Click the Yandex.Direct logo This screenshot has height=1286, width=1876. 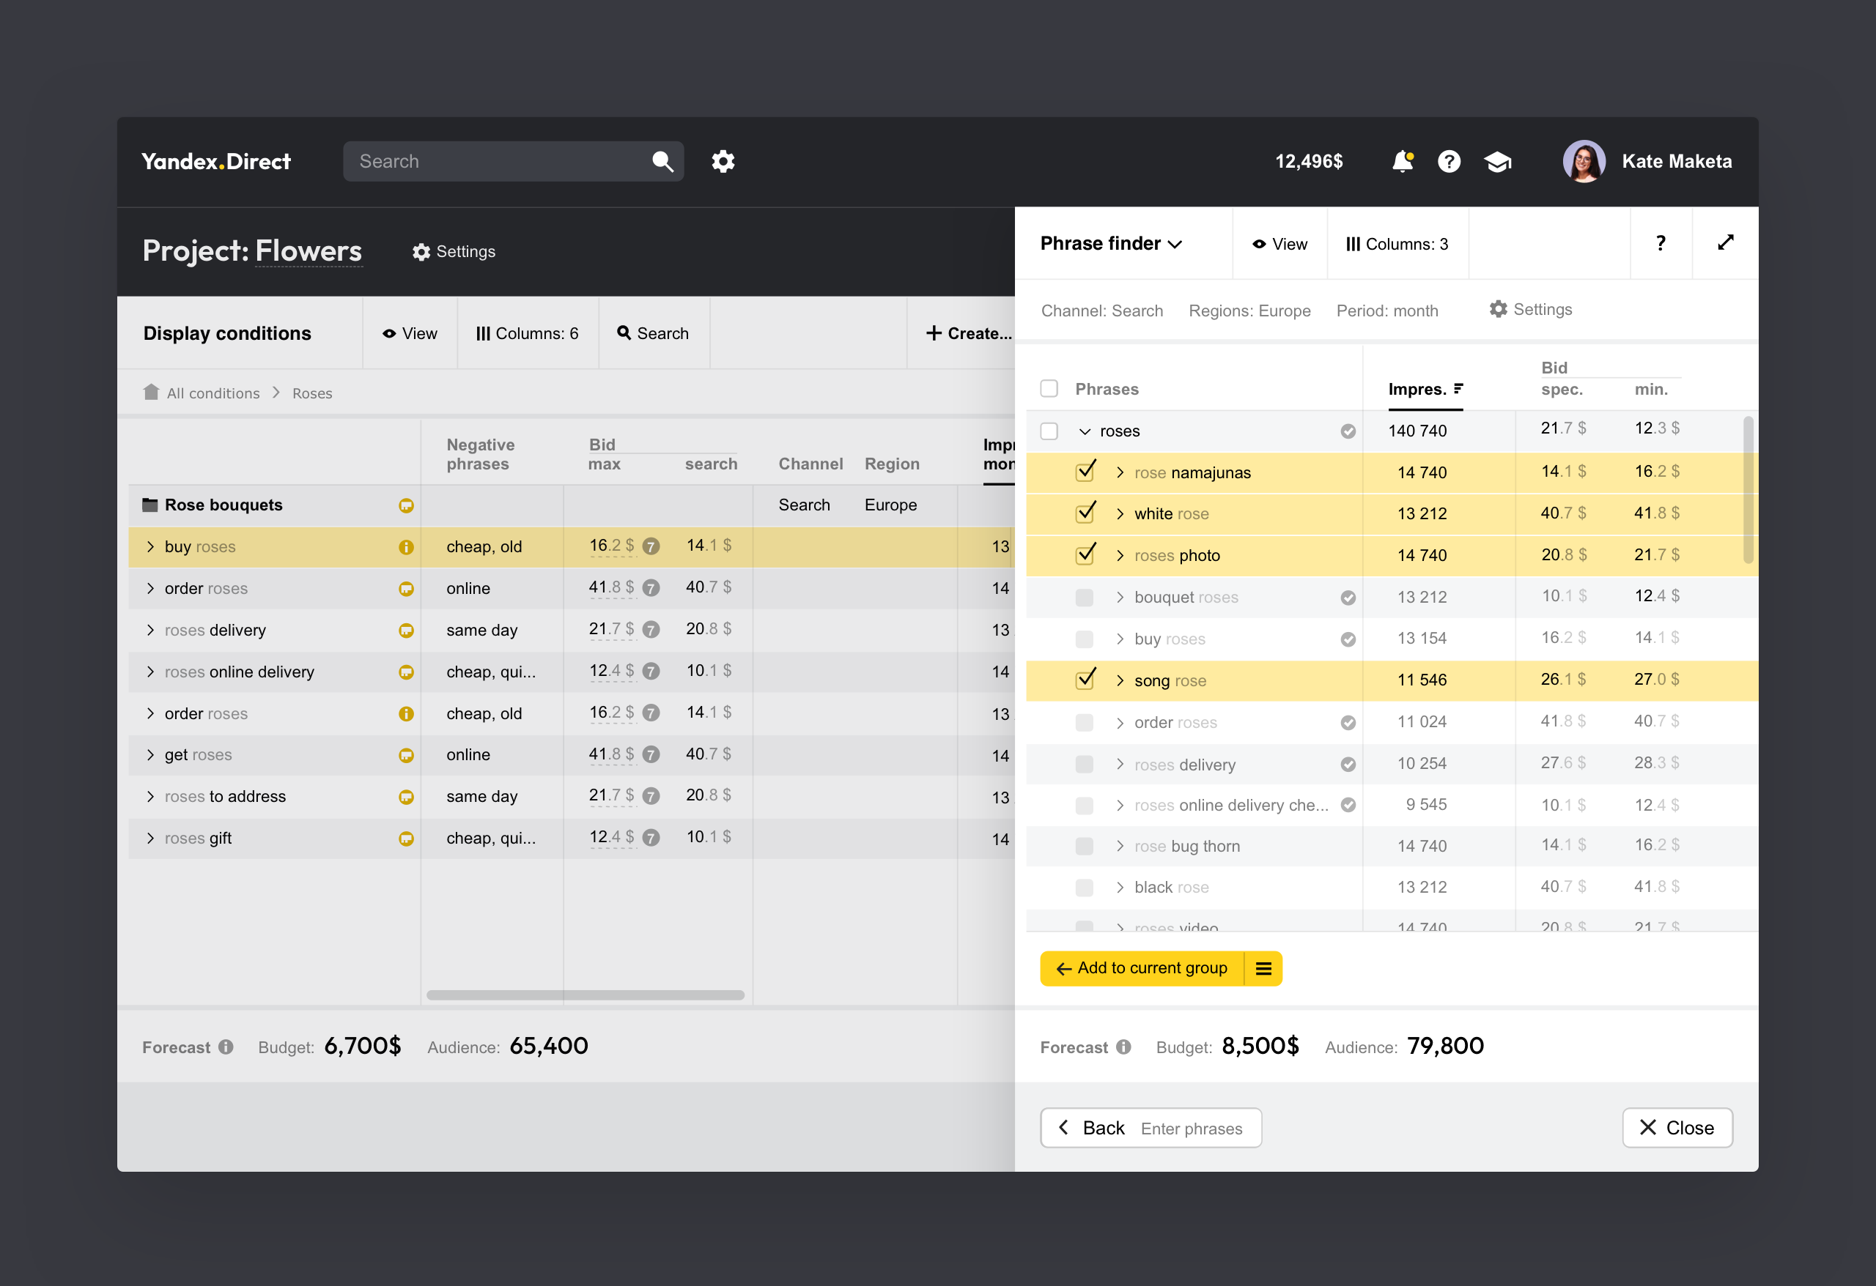pyautogui.click(x=215, y=161)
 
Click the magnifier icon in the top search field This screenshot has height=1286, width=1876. pyautogui.click(x=662, y=161)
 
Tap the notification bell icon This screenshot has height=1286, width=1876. pyautogui.click(x=1402, y=161)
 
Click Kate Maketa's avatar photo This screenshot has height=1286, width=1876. pyautogui.click(x=1583, y=161)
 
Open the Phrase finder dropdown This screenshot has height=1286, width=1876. pyautogui.click(x=1111, y=244)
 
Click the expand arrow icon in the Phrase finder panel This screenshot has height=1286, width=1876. pyautogui.click(x=1725, y=243)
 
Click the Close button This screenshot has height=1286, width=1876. pyautogui.click(x=1677, y=1127)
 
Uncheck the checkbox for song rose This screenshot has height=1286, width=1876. pyautogui.click(x=1085, y=680)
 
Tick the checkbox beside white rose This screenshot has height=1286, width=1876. pyautogui.click(x=1085, y=513)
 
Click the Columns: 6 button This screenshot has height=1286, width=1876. pyautogui.click(x=527, y=333)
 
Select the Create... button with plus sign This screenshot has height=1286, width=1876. pyautogui.click(x=968, y=333)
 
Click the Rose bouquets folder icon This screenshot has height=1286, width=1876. pyautogui.click(x=150, y=505)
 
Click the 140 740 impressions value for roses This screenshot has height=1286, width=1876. pyautogui.click(x=1417, y=431)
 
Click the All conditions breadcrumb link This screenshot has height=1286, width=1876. pyautogui.click(x=213, y=393)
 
